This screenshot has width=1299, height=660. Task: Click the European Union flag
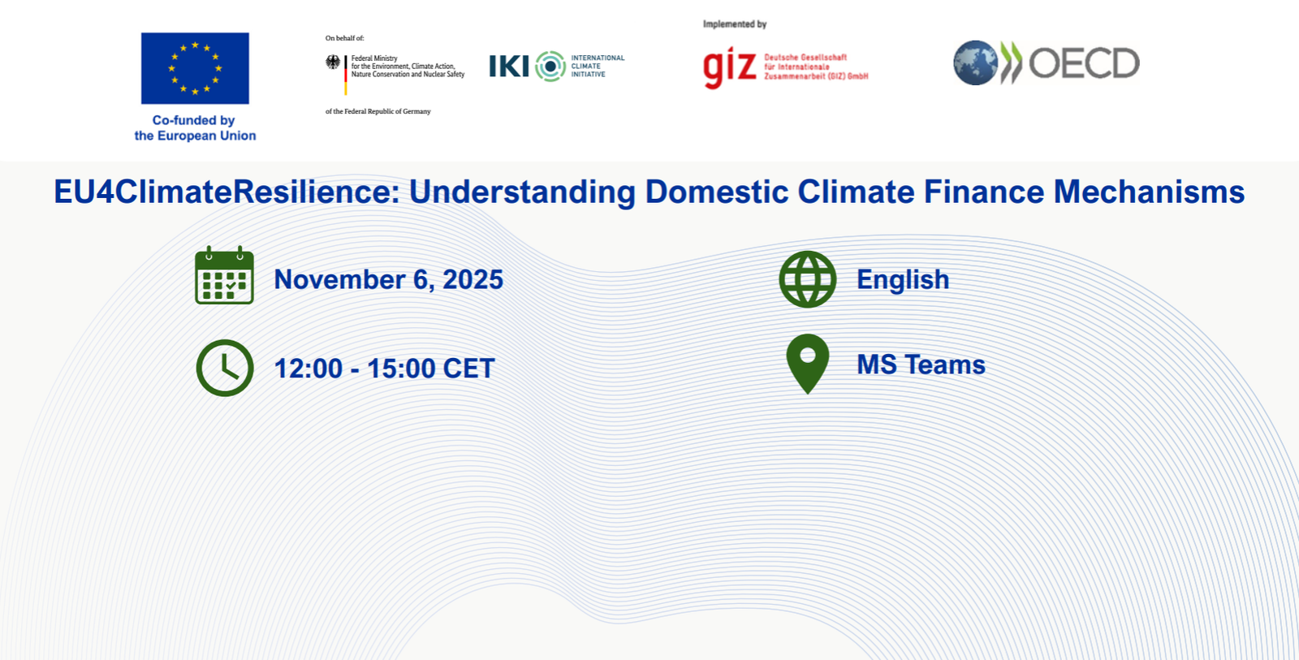tap(195, 68)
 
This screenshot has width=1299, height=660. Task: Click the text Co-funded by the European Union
tap(195, 128)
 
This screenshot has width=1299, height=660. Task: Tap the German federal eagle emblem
tap(333, 62)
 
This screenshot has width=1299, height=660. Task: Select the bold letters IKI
tap(509, 67)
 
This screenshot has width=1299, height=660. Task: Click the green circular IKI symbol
tap(550, 67)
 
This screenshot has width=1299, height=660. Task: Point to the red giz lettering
tap(729, 67)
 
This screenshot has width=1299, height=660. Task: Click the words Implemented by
tap(735, 24)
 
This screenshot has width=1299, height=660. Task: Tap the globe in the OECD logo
tap(975, 63)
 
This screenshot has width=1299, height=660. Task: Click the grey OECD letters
tap(1084, 63)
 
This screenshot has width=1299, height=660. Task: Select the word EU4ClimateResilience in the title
tap(227, 192)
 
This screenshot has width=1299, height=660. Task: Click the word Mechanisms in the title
tap(1149, 192)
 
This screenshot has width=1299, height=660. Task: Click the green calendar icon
tap(224, 276)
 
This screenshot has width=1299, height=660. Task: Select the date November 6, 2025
tap(388, 280)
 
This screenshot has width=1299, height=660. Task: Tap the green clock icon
tap(225, 368)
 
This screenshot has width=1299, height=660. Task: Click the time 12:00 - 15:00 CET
tap(384, 369)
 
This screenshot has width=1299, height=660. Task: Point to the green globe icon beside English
tap(807, 279)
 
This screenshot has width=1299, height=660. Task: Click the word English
tap(903, 280)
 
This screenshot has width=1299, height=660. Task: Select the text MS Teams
tap(921, 365)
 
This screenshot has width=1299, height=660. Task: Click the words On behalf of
tap(344, 38)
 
